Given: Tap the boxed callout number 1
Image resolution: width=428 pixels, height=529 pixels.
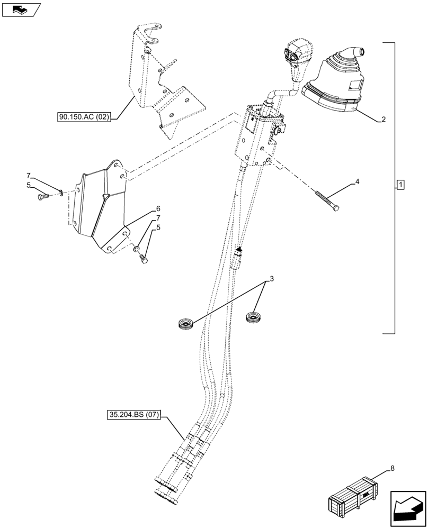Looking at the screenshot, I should click(x=401, y=185).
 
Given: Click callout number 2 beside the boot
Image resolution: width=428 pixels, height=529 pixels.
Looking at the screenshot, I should click(x=382, y=120).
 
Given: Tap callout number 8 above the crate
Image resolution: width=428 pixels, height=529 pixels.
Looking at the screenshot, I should click(x=393, y=468).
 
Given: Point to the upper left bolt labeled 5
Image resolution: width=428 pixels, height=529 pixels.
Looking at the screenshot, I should click(x=43, y=197).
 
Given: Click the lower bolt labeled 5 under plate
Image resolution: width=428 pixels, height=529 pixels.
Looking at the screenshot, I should click(x=142, y=259).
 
